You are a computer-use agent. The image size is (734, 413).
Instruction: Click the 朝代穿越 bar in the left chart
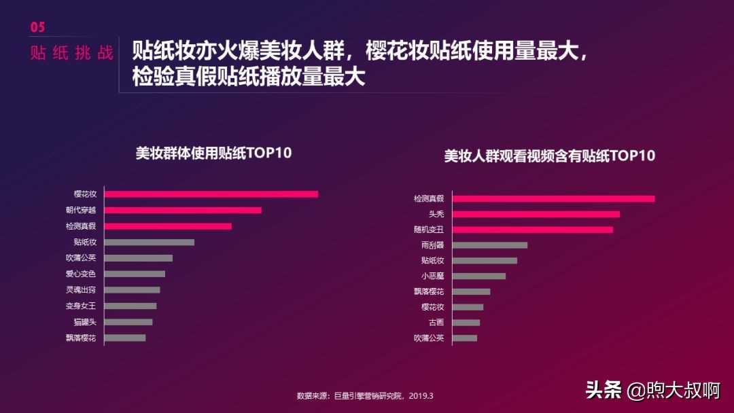pos(183,210)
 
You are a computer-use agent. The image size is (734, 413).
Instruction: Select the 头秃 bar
pos(536,214)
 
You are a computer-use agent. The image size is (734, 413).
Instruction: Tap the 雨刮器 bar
pos(489,245)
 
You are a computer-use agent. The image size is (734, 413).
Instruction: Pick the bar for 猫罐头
pos(128,322)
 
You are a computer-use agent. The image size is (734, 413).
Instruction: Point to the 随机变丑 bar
pos(532,230)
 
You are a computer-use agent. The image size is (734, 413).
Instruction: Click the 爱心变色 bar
pos(135,274)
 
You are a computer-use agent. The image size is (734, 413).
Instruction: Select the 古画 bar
pos(466,323)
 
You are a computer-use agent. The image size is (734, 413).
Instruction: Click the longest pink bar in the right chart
pos(553,198)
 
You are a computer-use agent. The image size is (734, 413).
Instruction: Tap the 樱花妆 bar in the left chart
pos(211,194)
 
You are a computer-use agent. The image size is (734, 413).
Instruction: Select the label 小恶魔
pos(432,276)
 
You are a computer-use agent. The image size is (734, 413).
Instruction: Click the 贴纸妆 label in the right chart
pos(432,260)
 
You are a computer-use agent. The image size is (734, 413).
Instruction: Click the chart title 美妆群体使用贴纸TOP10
pos(213,153)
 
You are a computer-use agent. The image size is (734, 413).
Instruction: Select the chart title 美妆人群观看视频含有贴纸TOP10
pos(549,156)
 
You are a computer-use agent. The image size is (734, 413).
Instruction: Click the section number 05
pos(37,27)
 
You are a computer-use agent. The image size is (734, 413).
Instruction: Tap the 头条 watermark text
pos(603,390)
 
